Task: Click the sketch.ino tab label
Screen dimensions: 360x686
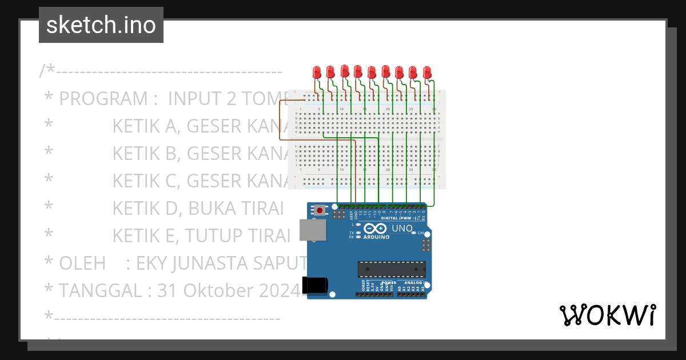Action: point(101,25)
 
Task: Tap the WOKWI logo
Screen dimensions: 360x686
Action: point(607,315)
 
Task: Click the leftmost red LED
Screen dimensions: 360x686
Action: point(317,72)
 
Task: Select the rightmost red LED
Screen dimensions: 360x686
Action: point(427,72)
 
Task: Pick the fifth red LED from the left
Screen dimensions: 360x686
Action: point(372,72)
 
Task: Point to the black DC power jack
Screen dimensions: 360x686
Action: point(318,285)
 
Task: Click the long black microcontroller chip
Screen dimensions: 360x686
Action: point(392,269)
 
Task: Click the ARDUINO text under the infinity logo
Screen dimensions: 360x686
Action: point(376,237)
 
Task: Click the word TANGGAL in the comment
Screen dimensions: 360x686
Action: point(101,291)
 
